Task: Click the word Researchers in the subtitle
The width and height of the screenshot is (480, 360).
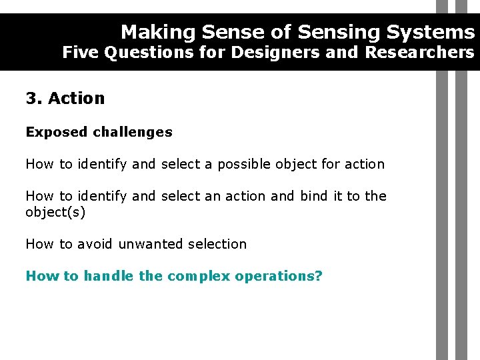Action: [420, 52]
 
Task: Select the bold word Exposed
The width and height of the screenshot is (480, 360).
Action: [56, 132]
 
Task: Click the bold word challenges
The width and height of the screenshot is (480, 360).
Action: [133, 132]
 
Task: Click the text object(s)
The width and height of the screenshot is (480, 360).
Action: [55, 212]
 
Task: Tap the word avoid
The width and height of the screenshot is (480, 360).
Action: [95, 244]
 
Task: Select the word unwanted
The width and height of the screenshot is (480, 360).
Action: [151, 244]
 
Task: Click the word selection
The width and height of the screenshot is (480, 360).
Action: [217, 244]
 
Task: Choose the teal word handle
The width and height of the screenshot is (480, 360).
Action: [109, 276]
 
